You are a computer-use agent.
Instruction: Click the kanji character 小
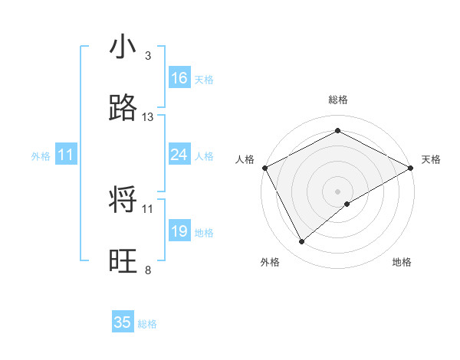(123, 47)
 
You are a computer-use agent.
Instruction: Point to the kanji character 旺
(123, 261)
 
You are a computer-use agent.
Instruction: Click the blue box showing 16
(179, 78)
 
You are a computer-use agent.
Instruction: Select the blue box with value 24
(179, 155)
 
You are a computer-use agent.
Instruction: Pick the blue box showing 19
(179, 231)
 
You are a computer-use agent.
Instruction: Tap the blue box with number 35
(123, 322)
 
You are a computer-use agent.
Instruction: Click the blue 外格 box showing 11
(66, 155)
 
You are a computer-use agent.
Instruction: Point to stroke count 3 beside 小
(148, 56)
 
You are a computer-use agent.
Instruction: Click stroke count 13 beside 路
(148, 117)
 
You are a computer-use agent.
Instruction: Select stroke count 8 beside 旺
(148, 270)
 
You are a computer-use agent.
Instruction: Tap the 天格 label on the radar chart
(431, 159)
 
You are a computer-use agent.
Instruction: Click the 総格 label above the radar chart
(337, 100)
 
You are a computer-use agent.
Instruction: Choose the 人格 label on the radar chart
(245, 159)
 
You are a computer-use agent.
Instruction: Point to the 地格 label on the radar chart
(402, 262)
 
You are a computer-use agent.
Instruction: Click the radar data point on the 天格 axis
(411, 167)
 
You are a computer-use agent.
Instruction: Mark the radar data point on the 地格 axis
(347, 204)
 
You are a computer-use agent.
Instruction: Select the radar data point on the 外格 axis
(302, 241)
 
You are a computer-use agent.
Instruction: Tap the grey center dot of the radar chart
(337, 191)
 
